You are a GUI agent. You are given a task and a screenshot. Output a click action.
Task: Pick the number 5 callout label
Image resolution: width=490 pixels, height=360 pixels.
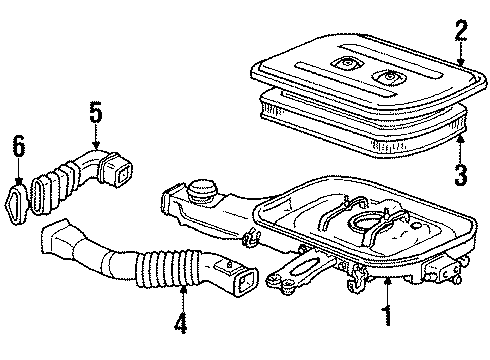pos(95,112)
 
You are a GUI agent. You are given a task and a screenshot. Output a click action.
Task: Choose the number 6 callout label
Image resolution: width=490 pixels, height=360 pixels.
pos(17,148)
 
